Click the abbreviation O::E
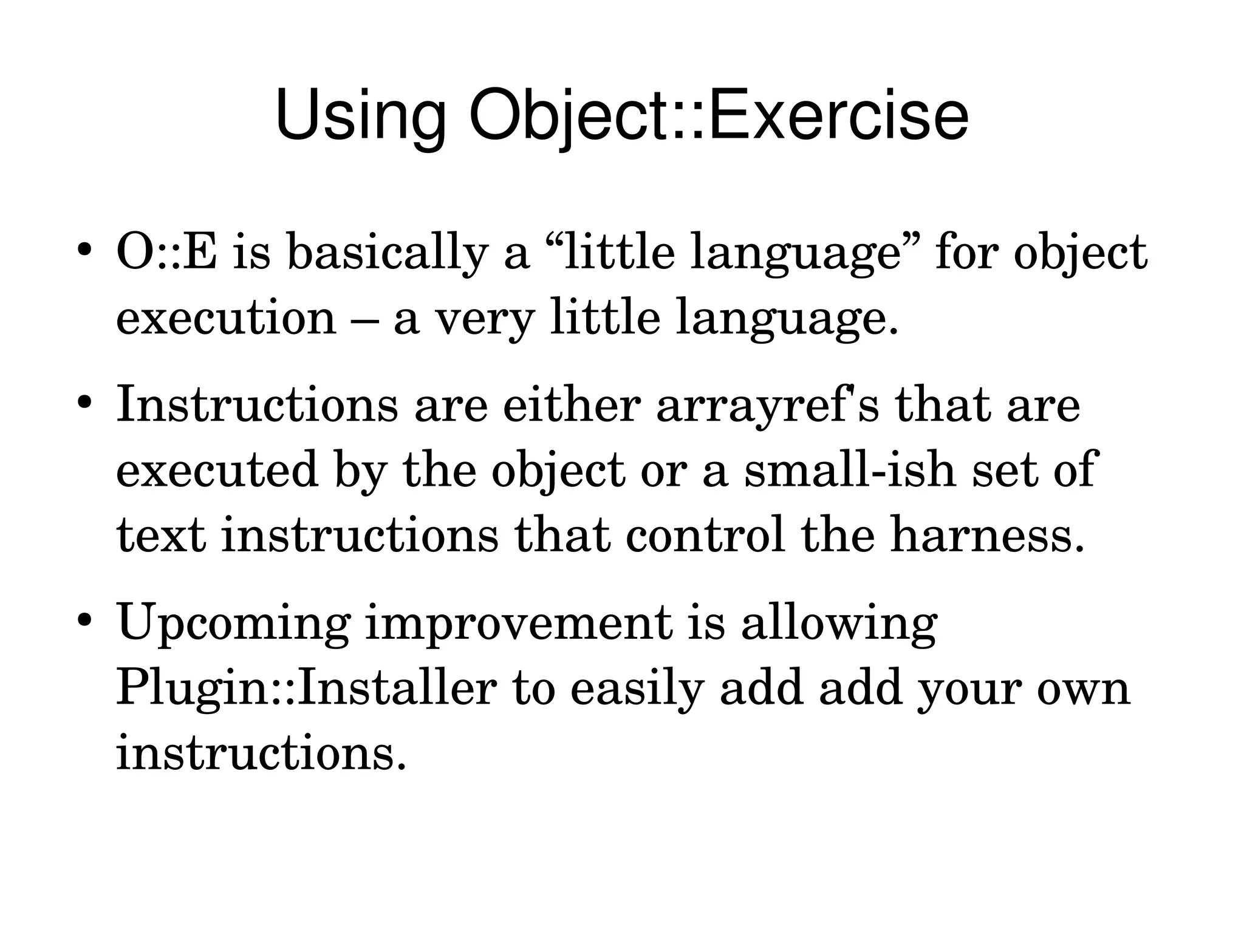(166, 252)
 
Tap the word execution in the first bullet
(226, 318)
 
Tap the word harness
(987, 536)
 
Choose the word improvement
(519, 624)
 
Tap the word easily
(637, 689)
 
